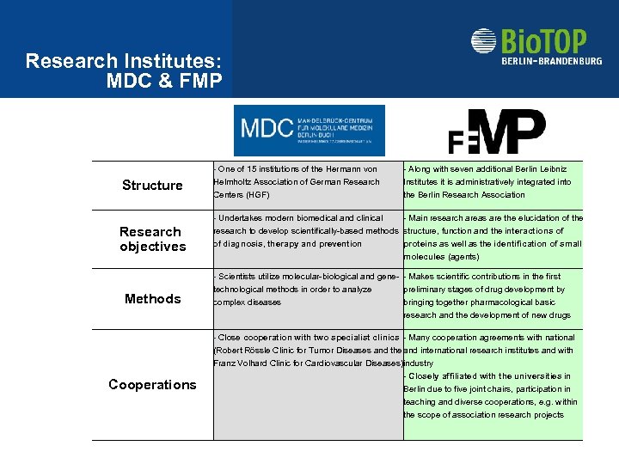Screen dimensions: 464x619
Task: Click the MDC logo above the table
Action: pos(309,130)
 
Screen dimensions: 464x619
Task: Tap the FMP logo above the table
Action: pos(497,131)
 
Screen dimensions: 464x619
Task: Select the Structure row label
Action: pos(152,186)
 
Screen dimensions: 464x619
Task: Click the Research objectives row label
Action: pos(152,239)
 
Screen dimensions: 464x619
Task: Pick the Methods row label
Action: pos(152,299)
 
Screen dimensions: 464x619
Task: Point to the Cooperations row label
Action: pos(152,384)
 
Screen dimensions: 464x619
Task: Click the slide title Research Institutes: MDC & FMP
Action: pos(124,71)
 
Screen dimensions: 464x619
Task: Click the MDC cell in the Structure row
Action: pos(306,182)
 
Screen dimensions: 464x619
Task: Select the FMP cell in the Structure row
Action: pos(492,182)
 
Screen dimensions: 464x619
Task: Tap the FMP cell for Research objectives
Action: pos(492,237)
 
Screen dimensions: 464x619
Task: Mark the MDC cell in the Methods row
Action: pos(306,290)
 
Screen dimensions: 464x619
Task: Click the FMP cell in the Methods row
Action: pos(492,296)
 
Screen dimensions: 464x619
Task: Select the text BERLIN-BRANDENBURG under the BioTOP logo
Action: pos(551,61)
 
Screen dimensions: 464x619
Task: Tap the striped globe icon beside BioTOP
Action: pos(484,42)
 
